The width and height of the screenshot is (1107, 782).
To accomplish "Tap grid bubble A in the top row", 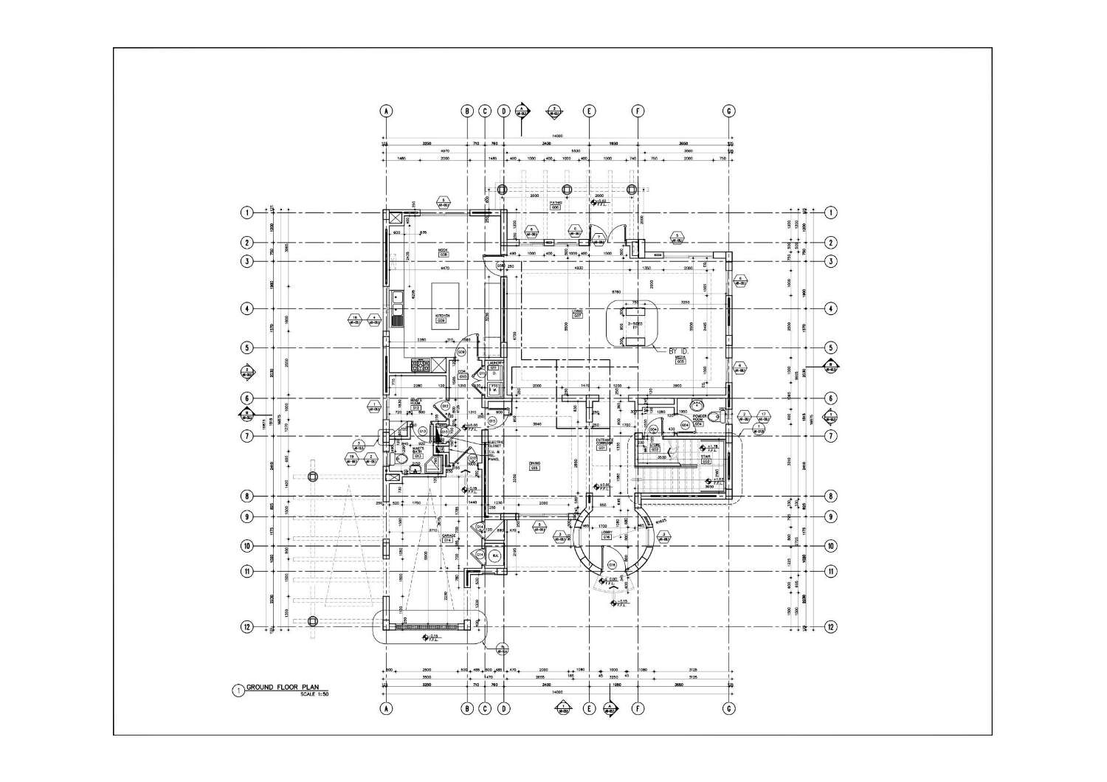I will click(x=385, y=111).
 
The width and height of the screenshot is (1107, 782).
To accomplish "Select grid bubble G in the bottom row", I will click(x=728, y=709).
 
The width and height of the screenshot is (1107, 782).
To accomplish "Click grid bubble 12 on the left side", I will click(x=246, y=627).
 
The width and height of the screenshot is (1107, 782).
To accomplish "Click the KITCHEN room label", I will click(x=441, y=316).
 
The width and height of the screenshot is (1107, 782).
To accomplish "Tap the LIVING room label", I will click(x=578, y=312).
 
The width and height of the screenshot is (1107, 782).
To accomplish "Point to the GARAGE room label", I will click(x=447, y=537).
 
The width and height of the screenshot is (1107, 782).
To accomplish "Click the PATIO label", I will click(x=556, y=202).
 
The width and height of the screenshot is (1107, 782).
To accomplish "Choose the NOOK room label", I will click(x=443, y=251).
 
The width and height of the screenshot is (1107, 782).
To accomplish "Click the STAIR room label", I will click(x=695, y=458).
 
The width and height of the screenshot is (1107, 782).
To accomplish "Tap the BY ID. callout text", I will click(x=678, y=351).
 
